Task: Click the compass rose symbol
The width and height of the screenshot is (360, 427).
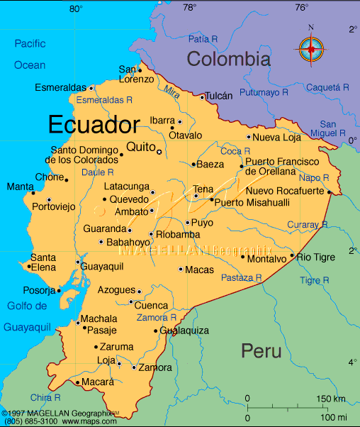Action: pos(311,48)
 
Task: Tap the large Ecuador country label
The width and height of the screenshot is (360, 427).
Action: pos(94,126)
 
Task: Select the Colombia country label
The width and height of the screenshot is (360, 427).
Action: pos(228,59)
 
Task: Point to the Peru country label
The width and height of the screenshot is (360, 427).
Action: pos(261,350)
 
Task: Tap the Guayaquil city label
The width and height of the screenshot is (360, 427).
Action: pos(103,266)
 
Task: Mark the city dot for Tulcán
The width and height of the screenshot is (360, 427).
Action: pos(202,97)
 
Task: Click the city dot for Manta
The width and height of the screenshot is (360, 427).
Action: pos(33,192)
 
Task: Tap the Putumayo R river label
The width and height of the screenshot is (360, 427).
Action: pos(263,92)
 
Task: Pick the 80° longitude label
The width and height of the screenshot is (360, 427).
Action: pos(76,9)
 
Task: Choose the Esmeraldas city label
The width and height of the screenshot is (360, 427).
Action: pos(62,88)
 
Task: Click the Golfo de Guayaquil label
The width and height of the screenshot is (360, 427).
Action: pos(27,316)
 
